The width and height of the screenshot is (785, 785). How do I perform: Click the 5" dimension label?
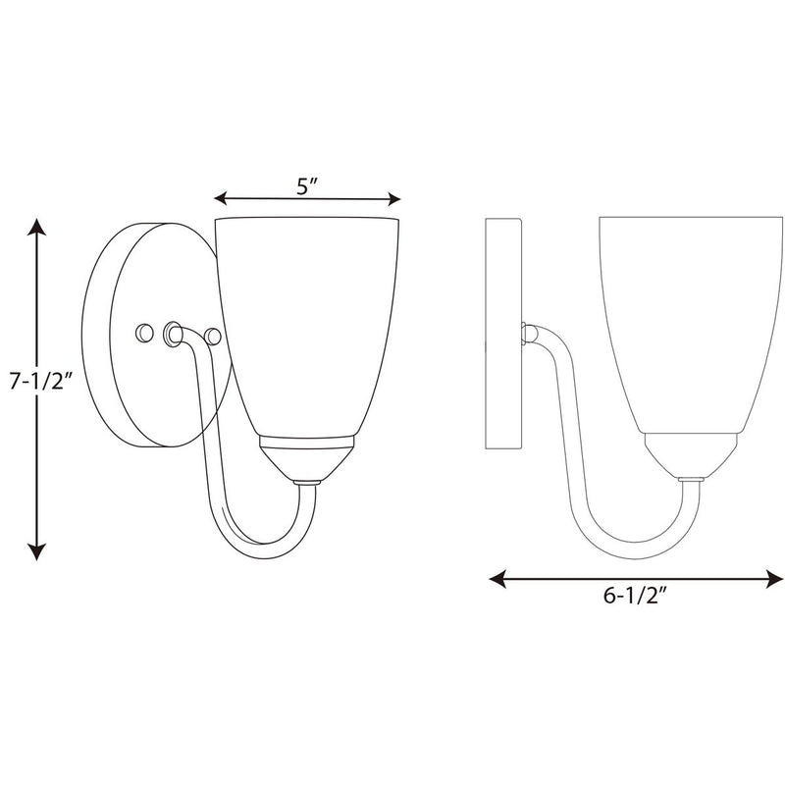(307, 186)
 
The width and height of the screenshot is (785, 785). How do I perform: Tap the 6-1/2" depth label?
(635, 596)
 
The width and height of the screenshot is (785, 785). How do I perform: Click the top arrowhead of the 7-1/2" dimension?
(36, 227)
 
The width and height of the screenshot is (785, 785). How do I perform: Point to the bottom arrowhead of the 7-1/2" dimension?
(36, 551)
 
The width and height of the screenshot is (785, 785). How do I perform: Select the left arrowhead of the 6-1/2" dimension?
(497, 579)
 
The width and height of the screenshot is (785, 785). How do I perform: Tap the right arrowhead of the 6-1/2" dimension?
(774, 579)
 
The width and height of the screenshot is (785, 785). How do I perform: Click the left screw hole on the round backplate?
(144, 333)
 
